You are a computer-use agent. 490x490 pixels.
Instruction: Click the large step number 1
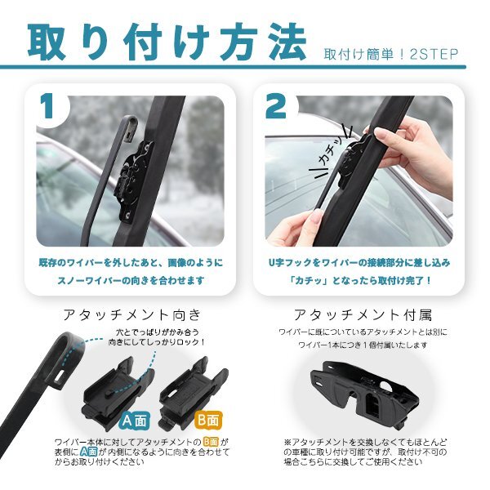pos(47,106)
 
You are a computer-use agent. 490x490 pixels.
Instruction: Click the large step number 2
pos(276,106)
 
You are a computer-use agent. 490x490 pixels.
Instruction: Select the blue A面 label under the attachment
pos(135,421)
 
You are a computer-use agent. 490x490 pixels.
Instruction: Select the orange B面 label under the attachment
pos(208,420)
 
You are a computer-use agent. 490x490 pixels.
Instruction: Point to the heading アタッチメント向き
pos(131,314)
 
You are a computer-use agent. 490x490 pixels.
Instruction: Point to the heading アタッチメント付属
pos(363,314)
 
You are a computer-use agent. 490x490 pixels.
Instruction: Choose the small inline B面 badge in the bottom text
pos(211,442)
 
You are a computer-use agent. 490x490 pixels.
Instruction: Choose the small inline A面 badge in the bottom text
pos(88,452)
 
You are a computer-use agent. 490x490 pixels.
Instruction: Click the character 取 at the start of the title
pos(47,42)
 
